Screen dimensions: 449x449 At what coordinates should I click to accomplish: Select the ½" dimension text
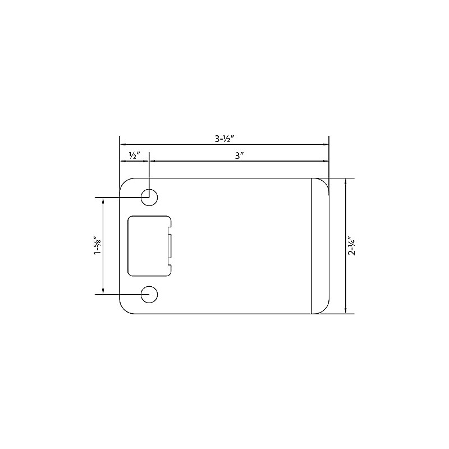[134, 155]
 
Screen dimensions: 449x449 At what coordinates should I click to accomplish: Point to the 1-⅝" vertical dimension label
[97, 245]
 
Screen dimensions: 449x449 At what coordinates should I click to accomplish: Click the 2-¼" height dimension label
[352, 246]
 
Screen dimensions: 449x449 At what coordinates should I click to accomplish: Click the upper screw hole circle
[149, 197]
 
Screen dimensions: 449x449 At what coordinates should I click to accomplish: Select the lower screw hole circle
[149, 294]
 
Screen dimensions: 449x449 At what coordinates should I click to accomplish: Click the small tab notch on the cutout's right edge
[171, 246]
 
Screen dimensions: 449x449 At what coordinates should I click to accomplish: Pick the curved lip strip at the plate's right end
[320, 246]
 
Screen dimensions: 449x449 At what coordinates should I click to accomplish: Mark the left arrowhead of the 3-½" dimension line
[123, 145]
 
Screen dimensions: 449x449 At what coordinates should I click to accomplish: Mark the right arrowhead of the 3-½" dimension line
[326, 145]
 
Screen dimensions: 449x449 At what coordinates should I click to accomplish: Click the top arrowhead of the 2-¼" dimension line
[346, 182]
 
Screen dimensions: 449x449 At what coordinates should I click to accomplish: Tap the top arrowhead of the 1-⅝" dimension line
[103, 201]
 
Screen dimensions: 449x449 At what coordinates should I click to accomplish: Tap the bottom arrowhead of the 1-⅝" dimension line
[103, 290]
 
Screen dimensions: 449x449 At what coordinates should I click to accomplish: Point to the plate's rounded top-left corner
[125, 183]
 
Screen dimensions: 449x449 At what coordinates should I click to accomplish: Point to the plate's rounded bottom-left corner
[125, 309]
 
